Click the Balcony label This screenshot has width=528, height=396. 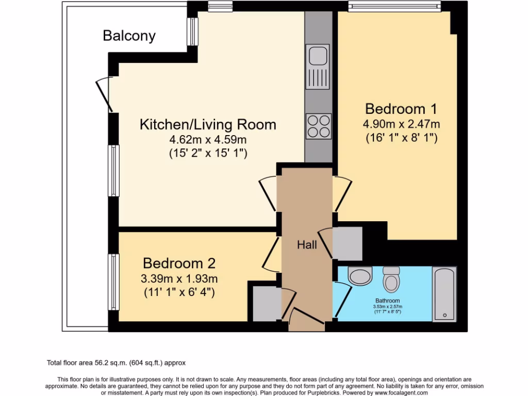pyautogui.click(x=129, y=36)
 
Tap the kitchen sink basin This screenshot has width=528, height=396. pyautogui.click(x=318, y=55)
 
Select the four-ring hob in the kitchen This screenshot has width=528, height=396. pyautogui.click(x=319, y=126)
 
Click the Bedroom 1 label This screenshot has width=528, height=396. pyautogui.click(x=401, y=109)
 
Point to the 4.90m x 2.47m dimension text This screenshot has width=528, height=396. pyautogui.click(x=401, y=124)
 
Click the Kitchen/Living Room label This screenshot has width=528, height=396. pyautogui.click(x=208, y=125)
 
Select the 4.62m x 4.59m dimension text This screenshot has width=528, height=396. pyautogui.click(x=208, y=139)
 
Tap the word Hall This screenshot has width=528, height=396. pyautogui.click(x=307, y=245)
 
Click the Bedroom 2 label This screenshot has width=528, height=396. pyautogui.click(x=179, y=263)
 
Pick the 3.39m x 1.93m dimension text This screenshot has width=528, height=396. pyautogui.click(x=179, y=279)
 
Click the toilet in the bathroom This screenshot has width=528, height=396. pyautogui.click(x=391, y=279)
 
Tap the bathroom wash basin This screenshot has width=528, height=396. pyautogui.click(x=360, y=276)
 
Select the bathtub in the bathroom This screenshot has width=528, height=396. pyautogui.click(x=444, y=294)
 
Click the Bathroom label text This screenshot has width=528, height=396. pyautogui.click(x=388, y=301)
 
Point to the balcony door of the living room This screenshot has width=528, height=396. pyautogui.click(x=105, y=95)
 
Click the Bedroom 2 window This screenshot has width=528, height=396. pyautogui.click(x=114, y=282)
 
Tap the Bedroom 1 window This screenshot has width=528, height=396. pyautogui.click(x=394, y=6)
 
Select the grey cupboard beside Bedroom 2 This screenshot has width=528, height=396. pyautogui.click(x=267, y=303)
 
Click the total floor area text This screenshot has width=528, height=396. pyautogui.click(x=116, y=363)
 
